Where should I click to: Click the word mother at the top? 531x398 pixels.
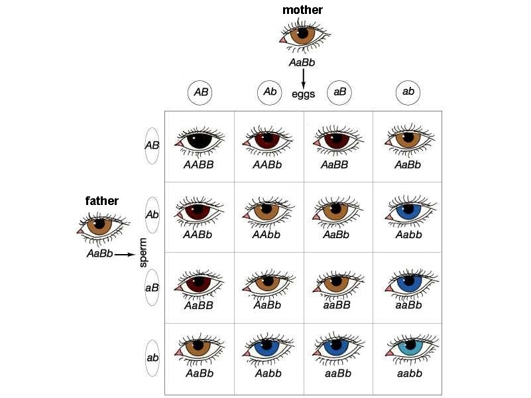coord(302,9)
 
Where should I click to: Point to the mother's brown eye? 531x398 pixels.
coord(303,34)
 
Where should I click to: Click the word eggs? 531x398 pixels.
coord(304,94)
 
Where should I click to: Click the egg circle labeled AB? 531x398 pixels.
coord(201,93)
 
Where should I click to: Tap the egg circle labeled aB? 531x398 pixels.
coord(339,92)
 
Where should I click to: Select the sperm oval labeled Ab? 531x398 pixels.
coord(152,215)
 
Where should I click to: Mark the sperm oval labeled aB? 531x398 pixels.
coord(152,287)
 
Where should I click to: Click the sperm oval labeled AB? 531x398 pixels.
coord(152,145)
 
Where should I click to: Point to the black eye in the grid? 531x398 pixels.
coord(198,141)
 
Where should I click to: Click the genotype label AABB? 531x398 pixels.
coord(199,164)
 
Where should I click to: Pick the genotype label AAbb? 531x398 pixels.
coord(268,235)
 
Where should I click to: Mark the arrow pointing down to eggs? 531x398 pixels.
coord(304,78)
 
